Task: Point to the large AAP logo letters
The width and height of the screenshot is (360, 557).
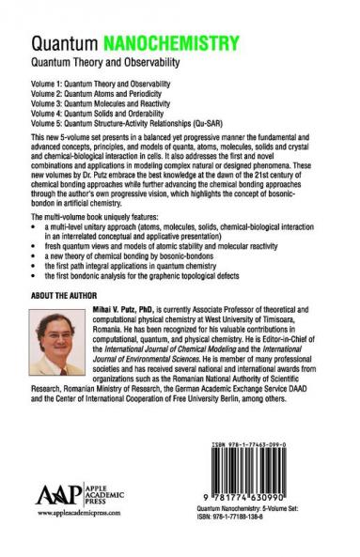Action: click(57, 519)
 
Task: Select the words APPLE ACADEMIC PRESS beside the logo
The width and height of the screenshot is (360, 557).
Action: click(109, 519)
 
